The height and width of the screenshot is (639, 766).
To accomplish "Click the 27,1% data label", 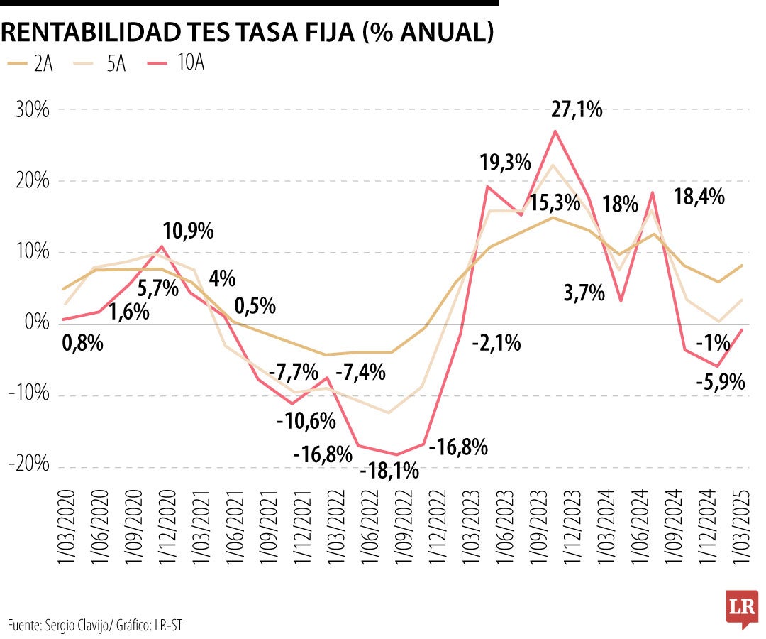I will pos(577,109).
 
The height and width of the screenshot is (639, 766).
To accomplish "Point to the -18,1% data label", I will pos(389,471).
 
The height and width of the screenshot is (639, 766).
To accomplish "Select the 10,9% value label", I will pos(188,231).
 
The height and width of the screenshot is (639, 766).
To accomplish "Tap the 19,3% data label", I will pos(505,163).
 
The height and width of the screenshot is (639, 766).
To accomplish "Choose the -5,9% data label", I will pos(720,383).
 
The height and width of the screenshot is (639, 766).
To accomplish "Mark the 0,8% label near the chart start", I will pos(82,344).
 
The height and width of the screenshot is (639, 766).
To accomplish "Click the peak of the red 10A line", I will pos(555,131).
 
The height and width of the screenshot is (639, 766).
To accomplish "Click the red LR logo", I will pos(741,609).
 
